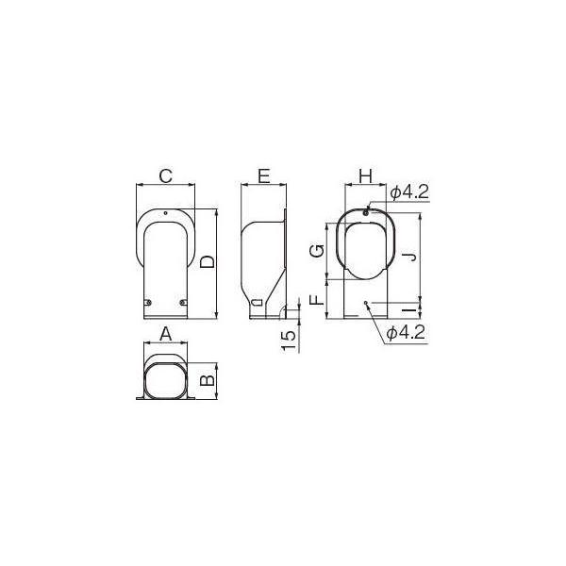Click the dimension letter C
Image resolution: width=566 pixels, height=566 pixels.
(x=164, y=175)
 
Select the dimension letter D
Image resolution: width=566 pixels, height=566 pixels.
(x=208, y=261)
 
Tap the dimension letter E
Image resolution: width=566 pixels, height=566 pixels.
(x=263, y=175)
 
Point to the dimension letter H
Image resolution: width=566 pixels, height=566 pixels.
(x=366, y=175)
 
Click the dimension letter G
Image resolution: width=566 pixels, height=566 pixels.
(x=320, y=251)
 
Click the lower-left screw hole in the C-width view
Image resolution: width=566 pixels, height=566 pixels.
(x=146, y=302)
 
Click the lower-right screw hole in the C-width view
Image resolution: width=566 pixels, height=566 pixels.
(x=183, y=302)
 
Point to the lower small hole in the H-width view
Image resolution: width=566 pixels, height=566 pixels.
(x=366, y=304)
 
